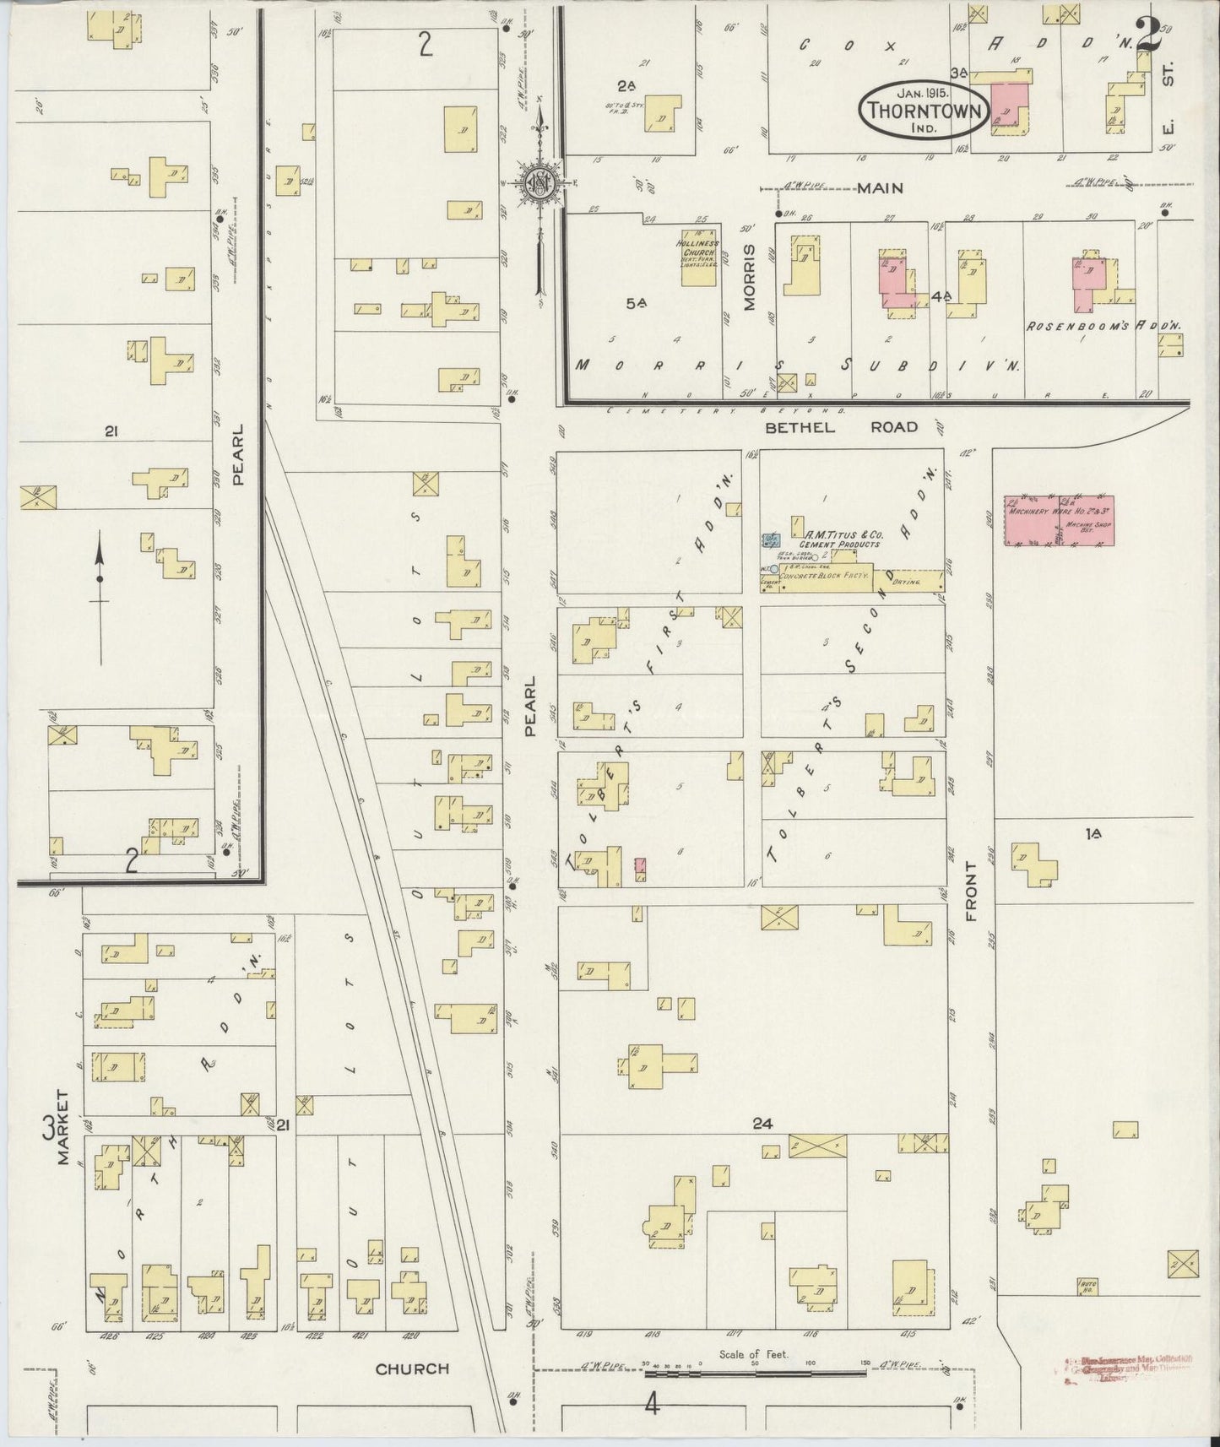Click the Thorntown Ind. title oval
pyautogui.click(x=923, y=107)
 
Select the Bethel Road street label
pyautogui.click(x=840, y=427)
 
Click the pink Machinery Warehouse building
pyautogui.click(x=1058, y=521)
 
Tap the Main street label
pyautogui.click(x=880, y=188)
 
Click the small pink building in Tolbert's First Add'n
pyautogui.click(x=641, y=866)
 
